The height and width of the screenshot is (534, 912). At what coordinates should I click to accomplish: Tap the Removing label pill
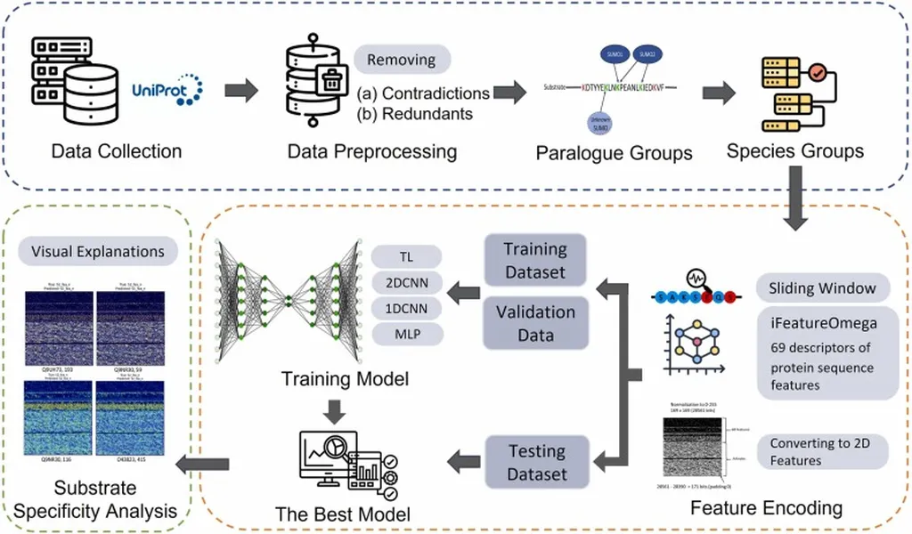(403, 61)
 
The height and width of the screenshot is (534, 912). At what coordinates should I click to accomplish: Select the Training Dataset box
(535, 259)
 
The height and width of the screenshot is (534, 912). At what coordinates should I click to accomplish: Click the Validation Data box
(535, 322)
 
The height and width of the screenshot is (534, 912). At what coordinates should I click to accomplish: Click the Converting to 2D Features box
(820, 451)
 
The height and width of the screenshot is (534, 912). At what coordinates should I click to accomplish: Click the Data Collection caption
(117, 150)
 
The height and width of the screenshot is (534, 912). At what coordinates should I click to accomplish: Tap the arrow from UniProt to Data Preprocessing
(240, 90)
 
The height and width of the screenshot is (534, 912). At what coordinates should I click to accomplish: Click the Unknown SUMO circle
(602, 127)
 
